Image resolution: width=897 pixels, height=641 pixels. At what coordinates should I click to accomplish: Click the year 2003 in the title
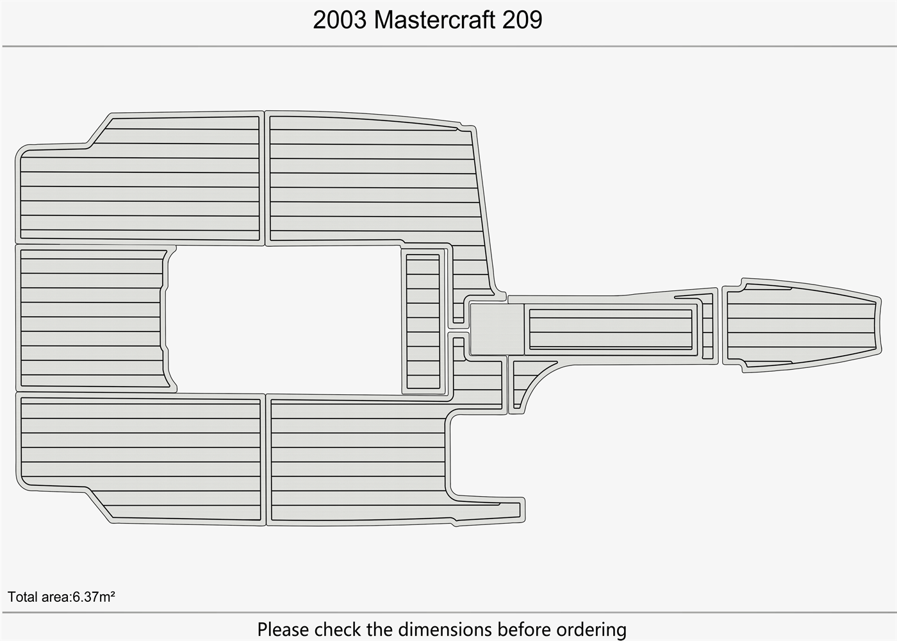point(340,20)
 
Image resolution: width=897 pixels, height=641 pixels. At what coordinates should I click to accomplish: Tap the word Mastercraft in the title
point(434,20)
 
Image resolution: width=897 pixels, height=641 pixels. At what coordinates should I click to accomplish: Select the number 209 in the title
point(522,20)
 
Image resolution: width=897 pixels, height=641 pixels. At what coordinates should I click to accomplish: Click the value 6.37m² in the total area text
point(94,597)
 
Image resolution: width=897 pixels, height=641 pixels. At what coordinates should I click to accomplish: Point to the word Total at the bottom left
point(22,597)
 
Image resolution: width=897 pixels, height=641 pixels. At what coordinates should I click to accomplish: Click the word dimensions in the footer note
point(436,629)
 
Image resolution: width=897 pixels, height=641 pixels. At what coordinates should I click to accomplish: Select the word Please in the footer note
point(283,629)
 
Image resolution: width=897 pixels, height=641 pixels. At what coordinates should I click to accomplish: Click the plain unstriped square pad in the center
point(497,329)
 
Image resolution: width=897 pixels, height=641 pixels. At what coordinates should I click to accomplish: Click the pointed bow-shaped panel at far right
point(801,325)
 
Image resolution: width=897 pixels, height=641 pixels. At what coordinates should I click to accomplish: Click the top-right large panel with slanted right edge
point(372,179)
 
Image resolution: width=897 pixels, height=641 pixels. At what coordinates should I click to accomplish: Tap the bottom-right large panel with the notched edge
point(359,458)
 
